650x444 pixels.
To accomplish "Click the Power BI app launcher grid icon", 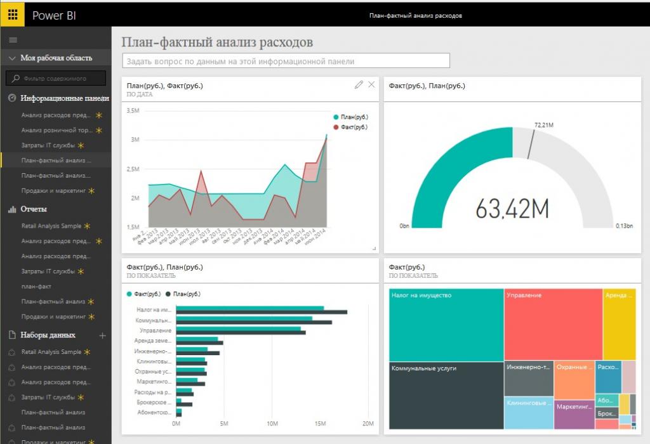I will tap(13, 15).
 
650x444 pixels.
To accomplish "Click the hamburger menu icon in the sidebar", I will tap(13, 40).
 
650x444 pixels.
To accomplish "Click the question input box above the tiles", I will tap(285, 61).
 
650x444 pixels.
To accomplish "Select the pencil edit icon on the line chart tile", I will tap(359, 84).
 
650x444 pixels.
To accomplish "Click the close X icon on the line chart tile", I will tap(371, 84).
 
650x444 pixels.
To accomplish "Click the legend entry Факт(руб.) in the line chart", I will tap(354, 127).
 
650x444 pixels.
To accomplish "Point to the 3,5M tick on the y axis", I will tap(133, 110).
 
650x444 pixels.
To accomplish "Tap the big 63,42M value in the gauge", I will tap(512, 208).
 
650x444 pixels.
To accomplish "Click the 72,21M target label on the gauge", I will tap(545, 125).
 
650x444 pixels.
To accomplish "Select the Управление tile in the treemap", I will tap(553, 324).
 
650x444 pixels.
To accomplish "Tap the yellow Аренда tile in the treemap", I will tap(619, 324).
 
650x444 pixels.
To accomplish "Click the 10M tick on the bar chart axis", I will tap(272, 424).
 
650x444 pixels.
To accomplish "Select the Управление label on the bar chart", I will tap(155, 330).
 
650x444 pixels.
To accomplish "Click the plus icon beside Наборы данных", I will tap(103, 335).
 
